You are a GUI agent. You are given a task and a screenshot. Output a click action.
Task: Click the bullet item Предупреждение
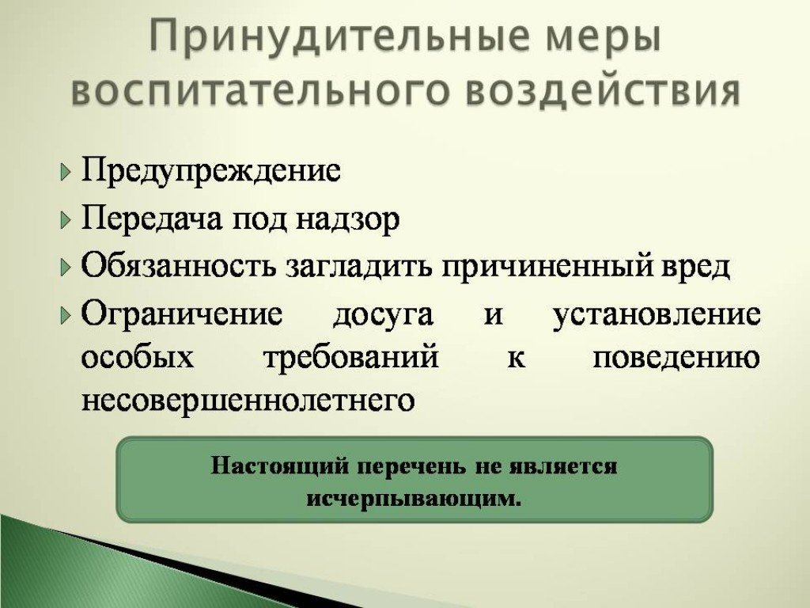211,171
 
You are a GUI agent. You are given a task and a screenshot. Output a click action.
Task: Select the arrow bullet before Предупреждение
65,171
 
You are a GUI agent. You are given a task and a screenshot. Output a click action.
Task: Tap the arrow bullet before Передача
65,220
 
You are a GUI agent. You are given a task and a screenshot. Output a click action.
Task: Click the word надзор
348,220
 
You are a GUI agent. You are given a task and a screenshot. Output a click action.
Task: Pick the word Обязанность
177,267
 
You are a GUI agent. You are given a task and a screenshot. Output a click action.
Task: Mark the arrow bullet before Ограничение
65,314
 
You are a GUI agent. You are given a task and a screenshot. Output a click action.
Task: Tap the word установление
657,314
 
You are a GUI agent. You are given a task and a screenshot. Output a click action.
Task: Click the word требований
351,358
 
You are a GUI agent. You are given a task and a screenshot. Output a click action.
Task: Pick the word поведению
676,358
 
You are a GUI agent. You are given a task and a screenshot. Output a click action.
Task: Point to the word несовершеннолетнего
248,400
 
